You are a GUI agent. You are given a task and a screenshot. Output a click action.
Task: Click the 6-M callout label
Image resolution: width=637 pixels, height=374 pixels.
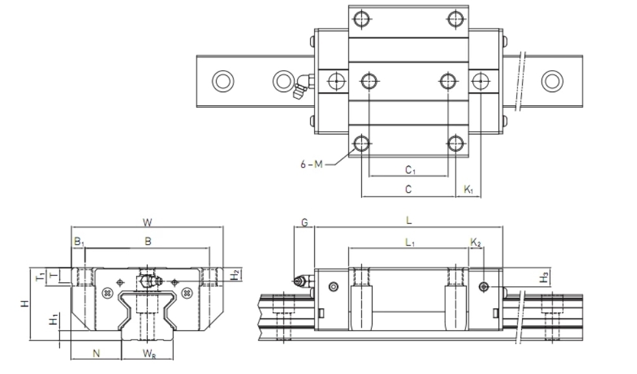pyautogui.click(x=311, y=164)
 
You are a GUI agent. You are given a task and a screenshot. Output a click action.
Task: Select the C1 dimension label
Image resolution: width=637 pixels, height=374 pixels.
pyautogui.click(x=410, y=169)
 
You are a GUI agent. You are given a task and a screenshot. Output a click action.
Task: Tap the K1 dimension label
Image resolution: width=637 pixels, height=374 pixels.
pyautogui.click(x=469, y=189)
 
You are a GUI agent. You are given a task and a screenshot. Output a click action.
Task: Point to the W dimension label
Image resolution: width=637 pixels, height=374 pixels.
pyautogui.click(x=148, y=222)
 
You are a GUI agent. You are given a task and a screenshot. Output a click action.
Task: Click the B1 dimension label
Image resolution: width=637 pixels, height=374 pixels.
pyautogui.click(x=79, y=242)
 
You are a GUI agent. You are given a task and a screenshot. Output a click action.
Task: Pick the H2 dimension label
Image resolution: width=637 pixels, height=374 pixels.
pyautogui.click(x=235, y=275)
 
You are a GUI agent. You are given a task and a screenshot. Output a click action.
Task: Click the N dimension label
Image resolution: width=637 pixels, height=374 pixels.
pyautogui.click(x=96, y=353)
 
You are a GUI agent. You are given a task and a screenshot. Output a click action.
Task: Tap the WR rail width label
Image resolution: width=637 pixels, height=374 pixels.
pyautogui.click(x=149, y=354)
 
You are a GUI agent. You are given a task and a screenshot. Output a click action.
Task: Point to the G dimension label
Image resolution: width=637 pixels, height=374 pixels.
pyautogui.click(x=304, y=222)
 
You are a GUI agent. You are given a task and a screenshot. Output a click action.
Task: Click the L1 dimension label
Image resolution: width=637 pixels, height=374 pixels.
pyautogui.click(x=410, y=243)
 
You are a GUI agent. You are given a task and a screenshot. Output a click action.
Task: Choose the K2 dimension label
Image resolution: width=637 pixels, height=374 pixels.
pyautogui.click(x=476, y=243)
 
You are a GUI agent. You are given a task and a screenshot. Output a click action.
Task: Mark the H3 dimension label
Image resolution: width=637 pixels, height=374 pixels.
pyautogui.click(x=544, y=277)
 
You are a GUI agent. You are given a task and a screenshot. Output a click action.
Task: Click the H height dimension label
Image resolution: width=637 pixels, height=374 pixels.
pyautogui.click(x=25, y=303)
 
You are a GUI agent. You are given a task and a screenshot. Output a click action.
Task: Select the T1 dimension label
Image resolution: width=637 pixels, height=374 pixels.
pyautogui.click(x=40, y=277)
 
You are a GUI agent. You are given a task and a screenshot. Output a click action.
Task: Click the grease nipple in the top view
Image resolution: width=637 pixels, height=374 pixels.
pyautogui.click(x=303, y=86)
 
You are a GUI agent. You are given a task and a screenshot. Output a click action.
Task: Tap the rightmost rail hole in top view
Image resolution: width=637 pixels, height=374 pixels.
pyautogui.click(x=552, y=81)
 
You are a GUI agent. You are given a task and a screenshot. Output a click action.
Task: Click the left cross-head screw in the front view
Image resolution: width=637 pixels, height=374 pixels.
pyautogui.click(x=107, y=292)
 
